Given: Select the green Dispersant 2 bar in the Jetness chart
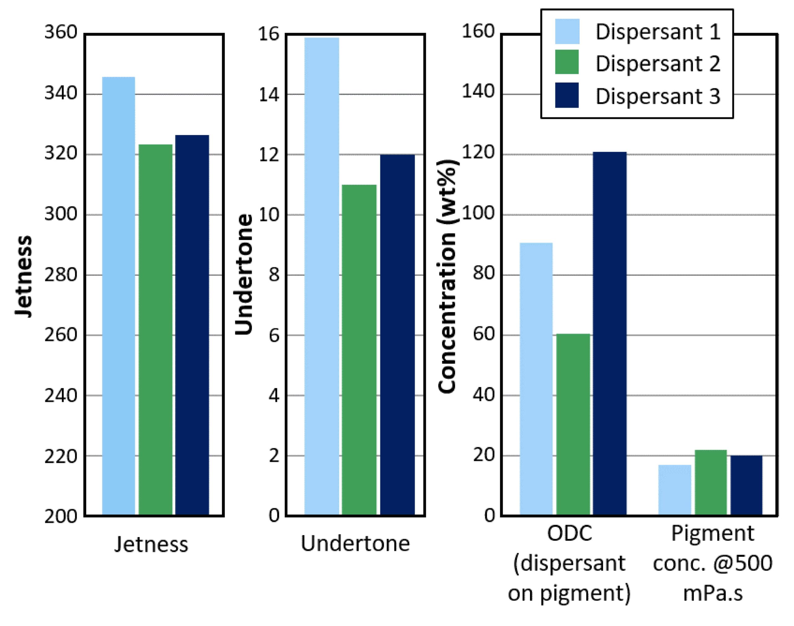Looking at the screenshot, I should coord(155,330).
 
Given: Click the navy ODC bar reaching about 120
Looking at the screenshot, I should coord(609,334).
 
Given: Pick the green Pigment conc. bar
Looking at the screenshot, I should coord(711,482).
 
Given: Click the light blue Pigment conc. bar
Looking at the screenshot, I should coord(675,490).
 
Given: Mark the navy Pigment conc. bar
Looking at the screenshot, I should coord(746,486).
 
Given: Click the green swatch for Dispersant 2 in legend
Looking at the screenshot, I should coord(567,62).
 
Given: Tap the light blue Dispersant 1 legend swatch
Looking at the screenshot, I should coord(567,31).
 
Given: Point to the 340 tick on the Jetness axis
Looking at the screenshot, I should coord(61,93).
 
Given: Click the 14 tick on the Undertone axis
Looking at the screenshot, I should coord(269,94).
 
